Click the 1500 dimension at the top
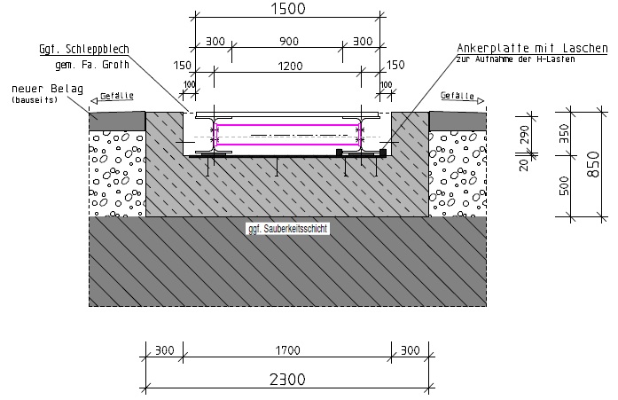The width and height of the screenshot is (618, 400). pos(287,10)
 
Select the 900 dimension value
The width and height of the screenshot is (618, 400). pos(287,41)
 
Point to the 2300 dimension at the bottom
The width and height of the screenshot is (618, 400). pos(287,379)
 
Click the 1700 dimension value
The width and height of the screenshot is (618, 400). pos(287,349)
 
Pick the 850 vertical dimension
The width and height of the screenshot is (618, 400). pos(591,163)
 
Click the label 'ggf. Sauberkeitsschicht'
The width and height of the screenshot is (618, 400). pos(287,228)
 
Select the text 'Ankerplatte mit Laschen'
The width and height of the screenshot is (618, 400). pos(513,48)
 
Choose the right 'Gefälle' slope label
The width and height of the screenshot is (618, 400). pos(457,95)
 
